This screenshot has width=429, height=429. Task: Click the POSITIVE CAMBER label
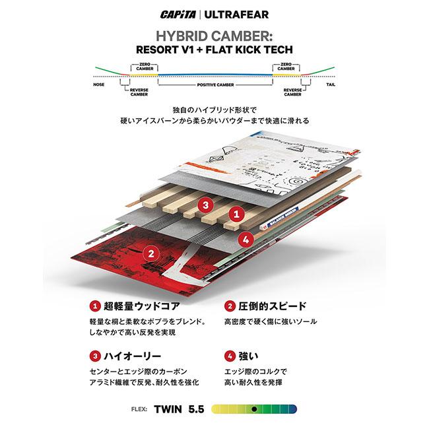click(x=214, y=85)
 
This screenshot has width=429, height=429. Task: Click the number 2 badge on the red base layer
click(x=151, y=251)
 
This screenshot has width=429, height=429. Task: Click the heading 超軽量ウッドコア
click(x=137, y=306)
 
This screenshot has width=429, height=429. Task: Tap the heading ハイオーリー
click(x=129, y=356)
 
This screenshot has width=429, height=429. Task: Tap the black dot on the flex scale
click(x=253, y=409)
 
